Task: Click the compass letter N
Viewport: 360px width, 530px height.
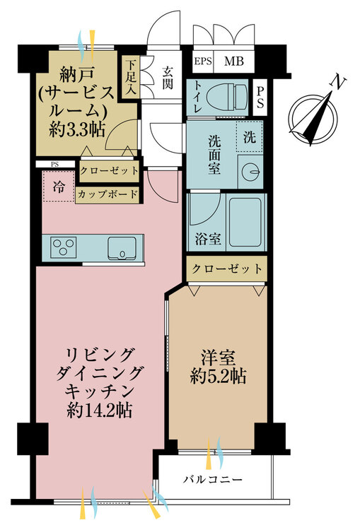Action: [x=338, y=82]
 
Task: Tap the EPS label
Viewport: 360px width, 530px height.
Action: [x=203, y=61]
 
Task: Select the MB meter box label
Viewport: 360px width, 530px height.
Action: [x=234, y=61]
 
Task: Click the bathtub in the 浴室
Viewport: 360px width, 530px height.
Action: [x=245, y=222]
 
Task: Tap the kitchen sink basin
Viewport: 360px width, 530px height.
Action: [x=122, y=248]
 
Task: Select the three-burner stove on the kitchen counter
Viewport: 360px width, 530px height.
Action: [x=63, y=247]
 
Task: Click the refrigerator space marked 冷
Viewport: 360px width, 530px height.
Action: [x=59, y=187]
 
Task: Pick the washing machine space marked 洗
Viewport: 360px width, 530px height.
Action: [x=250, y=136]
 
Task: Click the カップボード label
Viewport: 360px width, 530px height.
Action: [x=108, y=195]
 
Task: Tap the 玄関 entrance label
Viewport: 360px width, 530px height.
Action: [x=167, y=78]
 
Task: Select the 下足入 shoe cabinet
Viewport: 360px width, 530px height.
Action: [x=130, y=77]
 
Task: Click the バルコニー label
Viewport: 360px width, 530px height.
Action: [x=213, y=479]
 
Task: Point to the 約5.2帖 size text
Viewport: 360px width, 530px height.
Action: [x=219, y=376]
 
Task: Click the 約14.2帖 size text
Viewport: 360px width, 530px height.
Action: [x=100, y=411]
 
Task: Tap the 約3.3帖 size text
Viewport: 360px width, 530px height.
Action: [x=77, y=129]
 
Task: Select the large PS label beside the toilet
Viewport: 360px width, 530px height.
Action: [x=260, y=97]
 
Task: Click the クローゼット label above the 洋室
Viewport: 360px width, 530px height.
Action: [x=227, y=269]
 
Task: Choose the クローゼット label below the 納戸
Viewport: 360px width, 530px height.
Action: [x=109, y=170]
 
